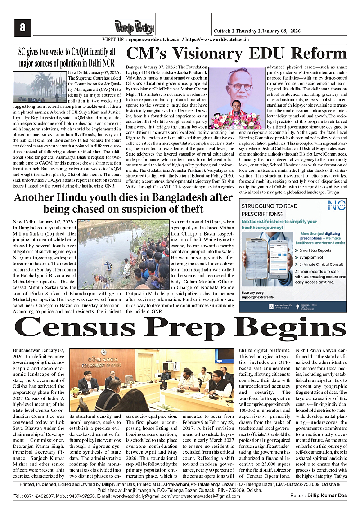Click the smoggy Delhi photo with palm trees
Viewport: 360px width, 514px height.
pyautogui.click(x=40, y=85)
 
